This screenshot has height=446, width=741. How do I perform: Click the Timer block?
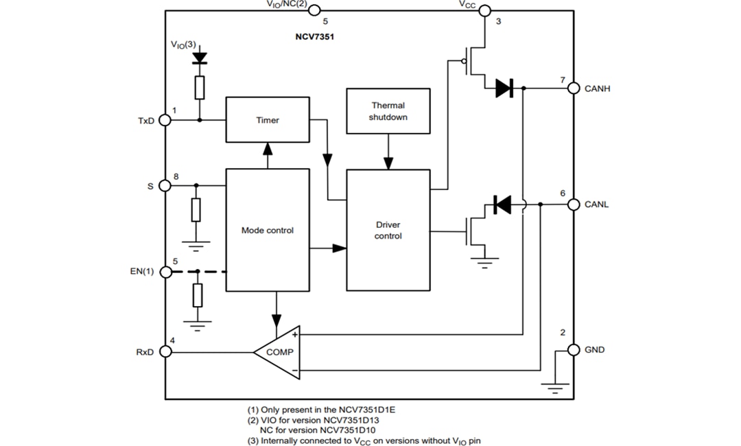click(x=268, y=120)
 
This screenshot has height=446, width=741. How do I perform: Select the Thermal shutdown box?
click(x=388, y=110)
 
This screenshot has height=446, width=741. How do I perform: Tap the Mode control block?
click(x=268, y=230)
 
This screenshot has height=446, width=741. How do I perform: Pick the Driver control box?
click(x=388, y=230)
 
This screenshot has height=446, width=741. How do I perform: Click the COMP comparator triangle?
click(x=279, y=352)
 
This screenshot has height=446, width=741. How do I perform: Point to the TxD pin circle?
click(x=165, y=120)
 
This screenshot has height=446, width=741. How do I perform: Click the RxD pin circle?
click(x=165, y=352)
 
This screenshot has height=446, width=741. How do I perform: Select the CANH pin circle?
click(x=573, y=89)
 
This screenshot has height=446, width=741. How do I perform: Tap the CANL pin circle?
click(x=573, y=204)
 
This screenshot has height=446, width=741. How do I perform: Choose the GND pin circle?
click(x=573, y=349)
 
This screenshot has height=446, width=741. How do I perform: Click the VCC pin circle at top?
click(x=484, y=10)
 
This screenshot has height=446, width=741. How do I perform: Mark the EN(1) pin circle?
click(x=165, y=272)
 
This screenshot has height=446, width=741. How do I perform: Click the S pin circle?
click(x=165, y=185)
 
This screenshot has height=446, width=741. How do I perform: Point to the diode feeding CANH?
click(x=504, y=89)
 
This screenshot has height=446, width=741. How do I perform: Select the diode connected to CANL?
click(x=502, y=204)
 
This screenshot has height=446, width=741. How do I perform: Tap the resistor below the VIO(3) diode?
click(x=200, y=87)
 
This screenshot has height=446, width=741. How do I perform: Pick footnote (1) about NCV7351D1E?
click(x=321, y=410)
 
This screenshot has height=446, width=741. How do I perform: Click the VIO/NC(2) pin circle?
click(x=314, y=10)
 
